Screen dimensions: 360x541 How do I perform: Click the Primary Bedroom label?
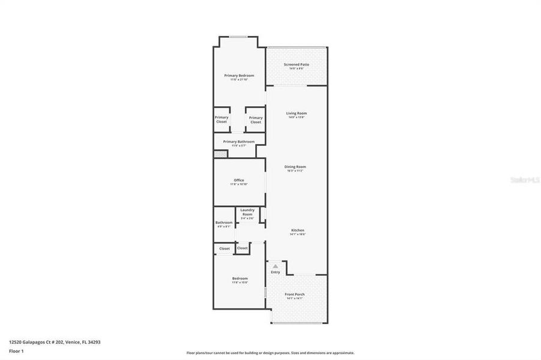pos(239,76)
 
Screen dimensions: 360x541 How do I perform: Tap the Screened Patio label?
pos(297,64)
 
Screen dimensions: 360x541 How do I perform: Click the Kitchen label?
pos(298,230)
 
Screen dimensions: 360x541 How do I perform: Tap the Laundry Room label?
pos(247,210)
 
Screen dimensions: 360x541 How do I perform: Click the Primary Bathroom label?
pos(238,142)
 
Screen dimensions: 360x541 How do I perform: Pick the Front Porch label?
pos(295,294)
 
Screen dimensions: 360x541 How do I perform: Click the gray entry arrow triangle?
pos(275,266)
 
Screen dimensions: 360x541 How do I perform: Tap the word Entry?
pos(275,272)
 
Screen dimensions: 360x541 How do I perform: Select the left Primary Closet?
pos(222,119)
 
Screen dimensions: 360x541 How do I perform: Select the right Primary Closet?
pos(256,119)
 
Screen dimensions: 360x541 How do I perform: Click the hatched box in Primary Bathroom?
pos(219,154)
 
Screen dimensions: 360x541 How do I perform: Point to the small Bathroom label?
pos(224,223)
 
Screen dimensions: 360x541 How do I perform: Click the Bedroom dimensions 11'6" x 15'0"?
pos(240,282)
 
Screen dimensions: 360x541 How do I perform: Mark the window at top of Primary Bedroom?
pos(238,37)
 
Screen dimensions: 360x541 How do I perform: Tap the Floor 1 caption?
pos(16,350)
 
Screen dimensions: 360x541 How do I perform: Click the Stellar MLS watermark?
pos(524,179)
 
